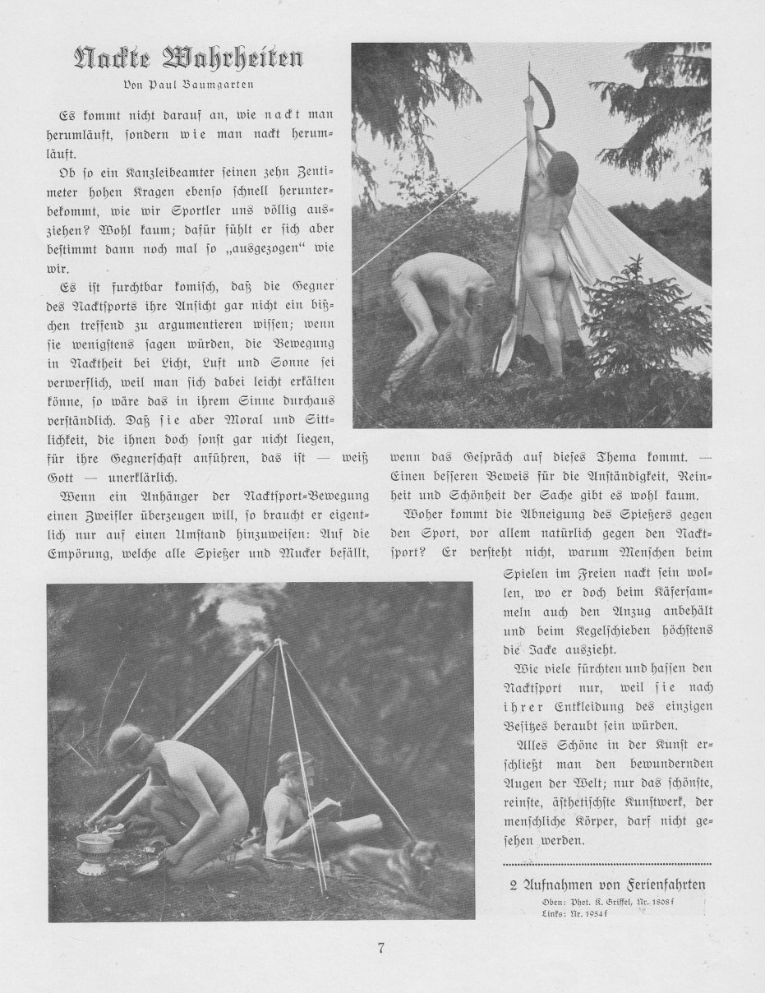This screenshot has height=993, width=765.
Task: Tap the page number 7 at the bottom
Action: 381,948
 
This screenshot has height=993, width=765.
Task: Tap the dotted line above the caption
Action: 606,865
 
